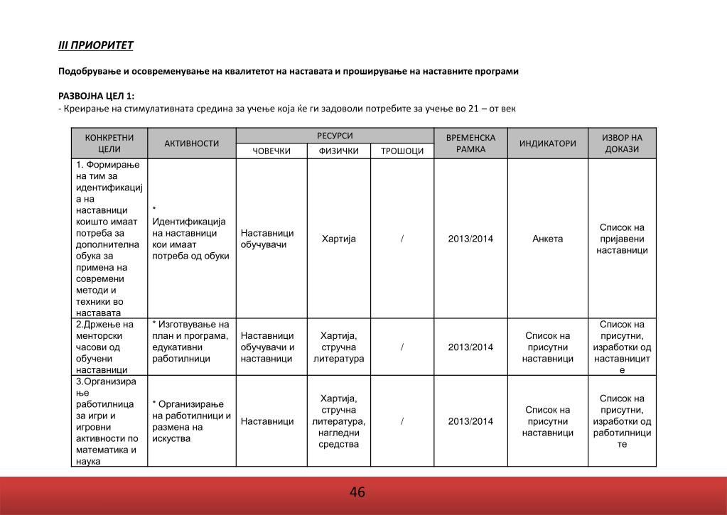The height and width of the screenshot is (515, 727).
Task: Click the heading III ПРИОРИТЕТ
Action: [x=95, y=46]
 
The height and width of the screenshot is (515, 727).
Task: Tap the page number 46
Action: [x=357, y=492]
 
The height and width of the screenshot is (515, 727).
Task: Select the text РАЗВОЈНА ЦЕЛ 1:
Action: [x=95, y=96]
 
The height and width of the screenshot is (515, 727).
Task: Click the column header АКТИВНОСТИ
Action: [x=191, y=143]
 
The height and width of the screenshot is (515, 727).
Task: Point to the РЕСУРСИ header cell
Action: [x=335, y=135]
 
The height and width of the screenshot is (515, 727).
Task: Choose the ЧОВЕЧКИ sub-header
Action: [x=271, y=151]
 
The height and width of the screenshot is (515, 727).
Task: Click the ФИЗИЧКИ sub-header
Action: [x=338, y=151]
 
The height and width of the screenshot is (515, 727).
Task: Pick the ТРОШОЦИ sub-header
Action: [x=402, y=151]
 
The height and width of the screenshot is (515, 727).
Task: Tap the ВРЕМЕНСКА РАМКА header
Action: [x=470, y=143]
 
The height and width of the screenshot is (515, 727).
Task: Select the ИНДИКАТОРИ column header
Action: [x=547, y=143]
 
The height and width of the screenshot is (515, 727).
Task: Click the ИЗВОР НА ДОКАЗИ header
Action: [x=622, y=143]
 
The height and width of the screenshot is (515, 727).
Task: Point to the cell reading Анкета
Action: [x=547, y=239]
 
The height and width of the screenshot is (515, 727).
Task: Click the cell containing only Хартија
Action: [x=338, y=239]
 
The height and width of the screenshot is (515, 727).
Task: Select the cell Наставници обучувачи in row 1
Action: [x=267, y=239]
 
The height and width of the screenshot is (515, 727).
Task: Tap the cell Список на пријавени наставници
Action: [x=622, y=239]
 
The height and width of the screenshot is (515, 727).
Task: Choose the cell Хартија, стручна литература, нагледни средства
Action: [x=338, y=421]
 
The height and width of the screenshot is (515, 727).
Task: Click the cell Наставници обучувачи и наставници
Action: [x=267, y=347]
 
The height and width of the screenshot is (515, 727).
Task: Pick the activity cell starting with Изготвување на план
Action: [x=191, y=342]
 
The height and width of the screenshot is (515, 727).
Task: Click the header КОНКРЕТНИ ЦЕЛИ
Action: [x=109, y=143]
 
